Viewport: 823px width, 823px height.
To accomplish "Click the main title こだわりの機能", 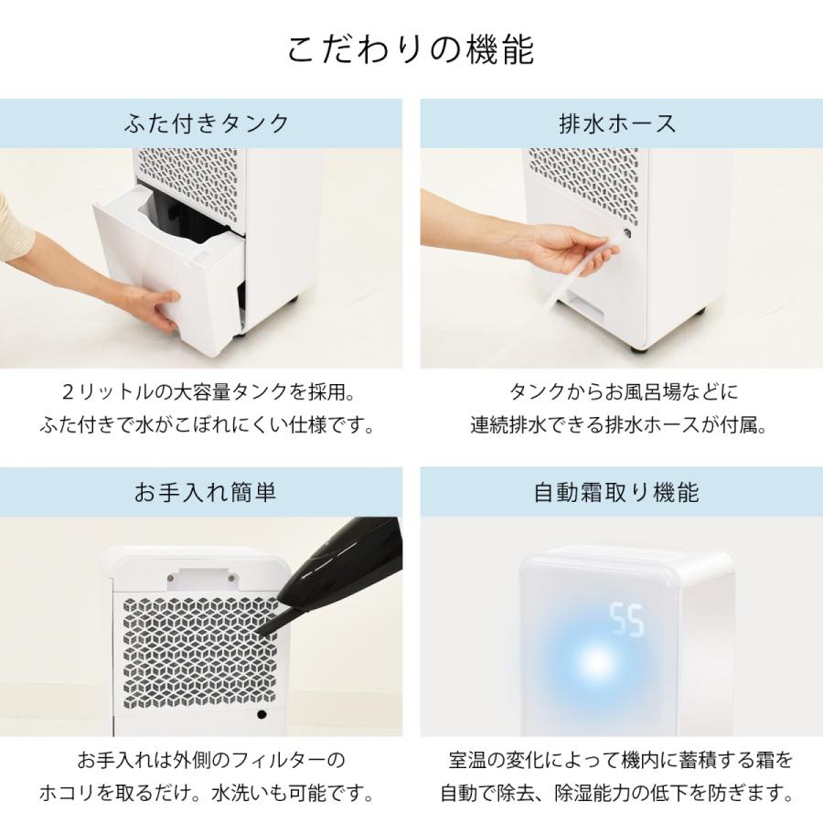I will pyautogui.click(x=411, y=50).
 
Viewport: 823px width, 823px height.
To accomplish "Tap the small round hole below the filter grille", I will pyautogui.click(x=262, y=716).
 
